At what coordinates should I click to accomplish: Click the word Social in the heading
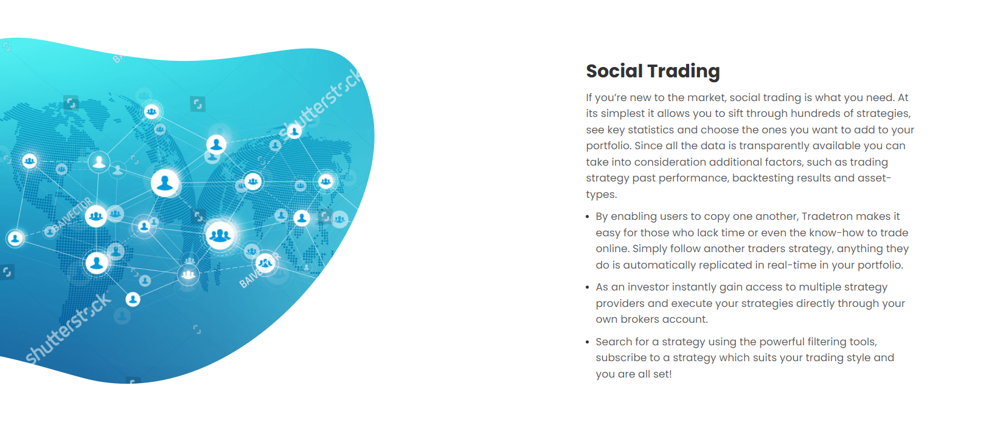pyautogui.click(x=614, y=71)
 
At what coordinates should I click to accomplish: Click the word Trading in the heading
pyautogui.click(x=684, y=72)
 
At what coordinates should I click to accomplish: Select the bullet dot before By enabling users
pyautogui.click(x=587, y=217)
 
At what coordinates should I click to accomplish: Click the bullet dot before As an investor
pyautogui.click(x=587, y=288)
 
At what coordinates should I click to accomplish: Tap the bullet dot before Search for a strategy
pyautogui.click(x=587, y=342)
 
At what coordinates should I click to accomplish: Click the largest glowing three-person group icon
pyautogui.click(x=220, y=235)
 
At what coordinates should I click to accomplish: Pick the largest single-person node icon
pyautogui.click(x=165, y=183)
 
